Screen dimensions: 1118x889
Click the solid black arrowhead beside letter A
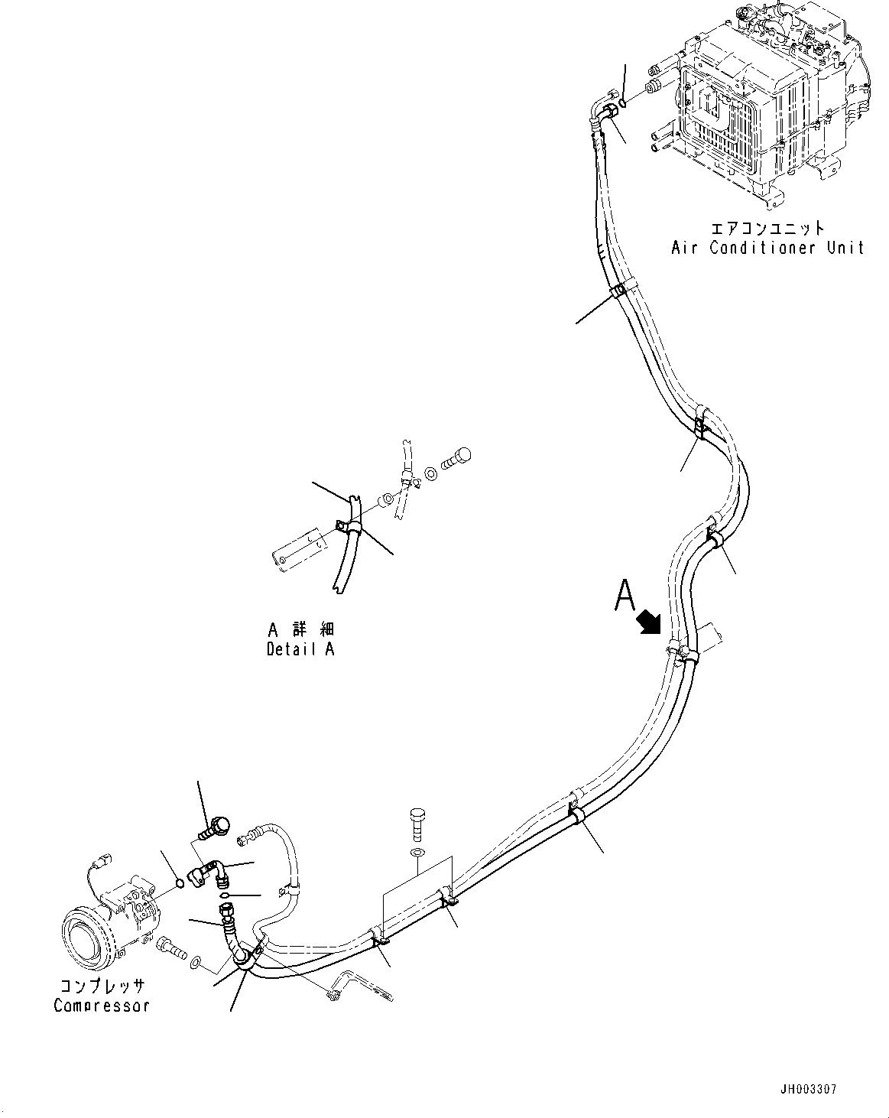648,621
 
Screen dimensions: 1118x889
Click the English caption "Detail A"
300,649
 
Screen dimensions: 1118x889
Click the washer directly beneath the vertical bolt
417,853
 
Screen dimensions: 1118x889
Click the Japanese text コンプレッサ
101,987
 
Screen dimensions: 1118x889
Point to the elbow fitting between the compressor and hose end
209,873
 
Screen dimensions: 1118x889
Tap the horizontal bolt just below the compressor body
173,951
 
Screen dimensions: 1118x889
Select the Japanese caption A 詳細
300,630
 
